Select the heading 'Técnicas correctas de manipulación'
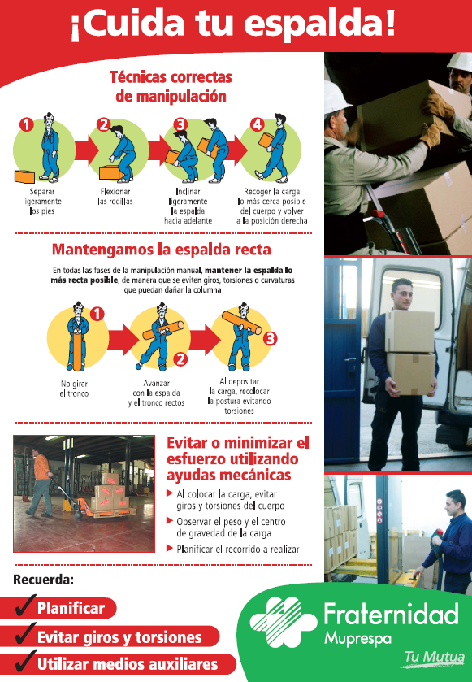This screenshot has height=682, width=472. coord(170,86)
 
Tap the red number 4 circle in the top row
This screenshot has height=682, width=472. coord(257,124)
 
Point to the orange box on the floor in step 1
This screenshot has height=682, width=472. coord(24,176)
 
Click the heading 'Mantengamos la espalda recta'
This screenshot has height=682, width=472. coord(161,250)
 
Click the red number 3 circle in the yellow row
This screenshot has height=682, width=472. coord(271,337)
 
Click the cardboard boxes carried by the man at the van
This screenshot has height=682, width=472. coord(409,351)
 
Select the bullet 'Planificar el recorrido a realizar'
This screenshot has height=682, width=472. coord(237,550)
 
